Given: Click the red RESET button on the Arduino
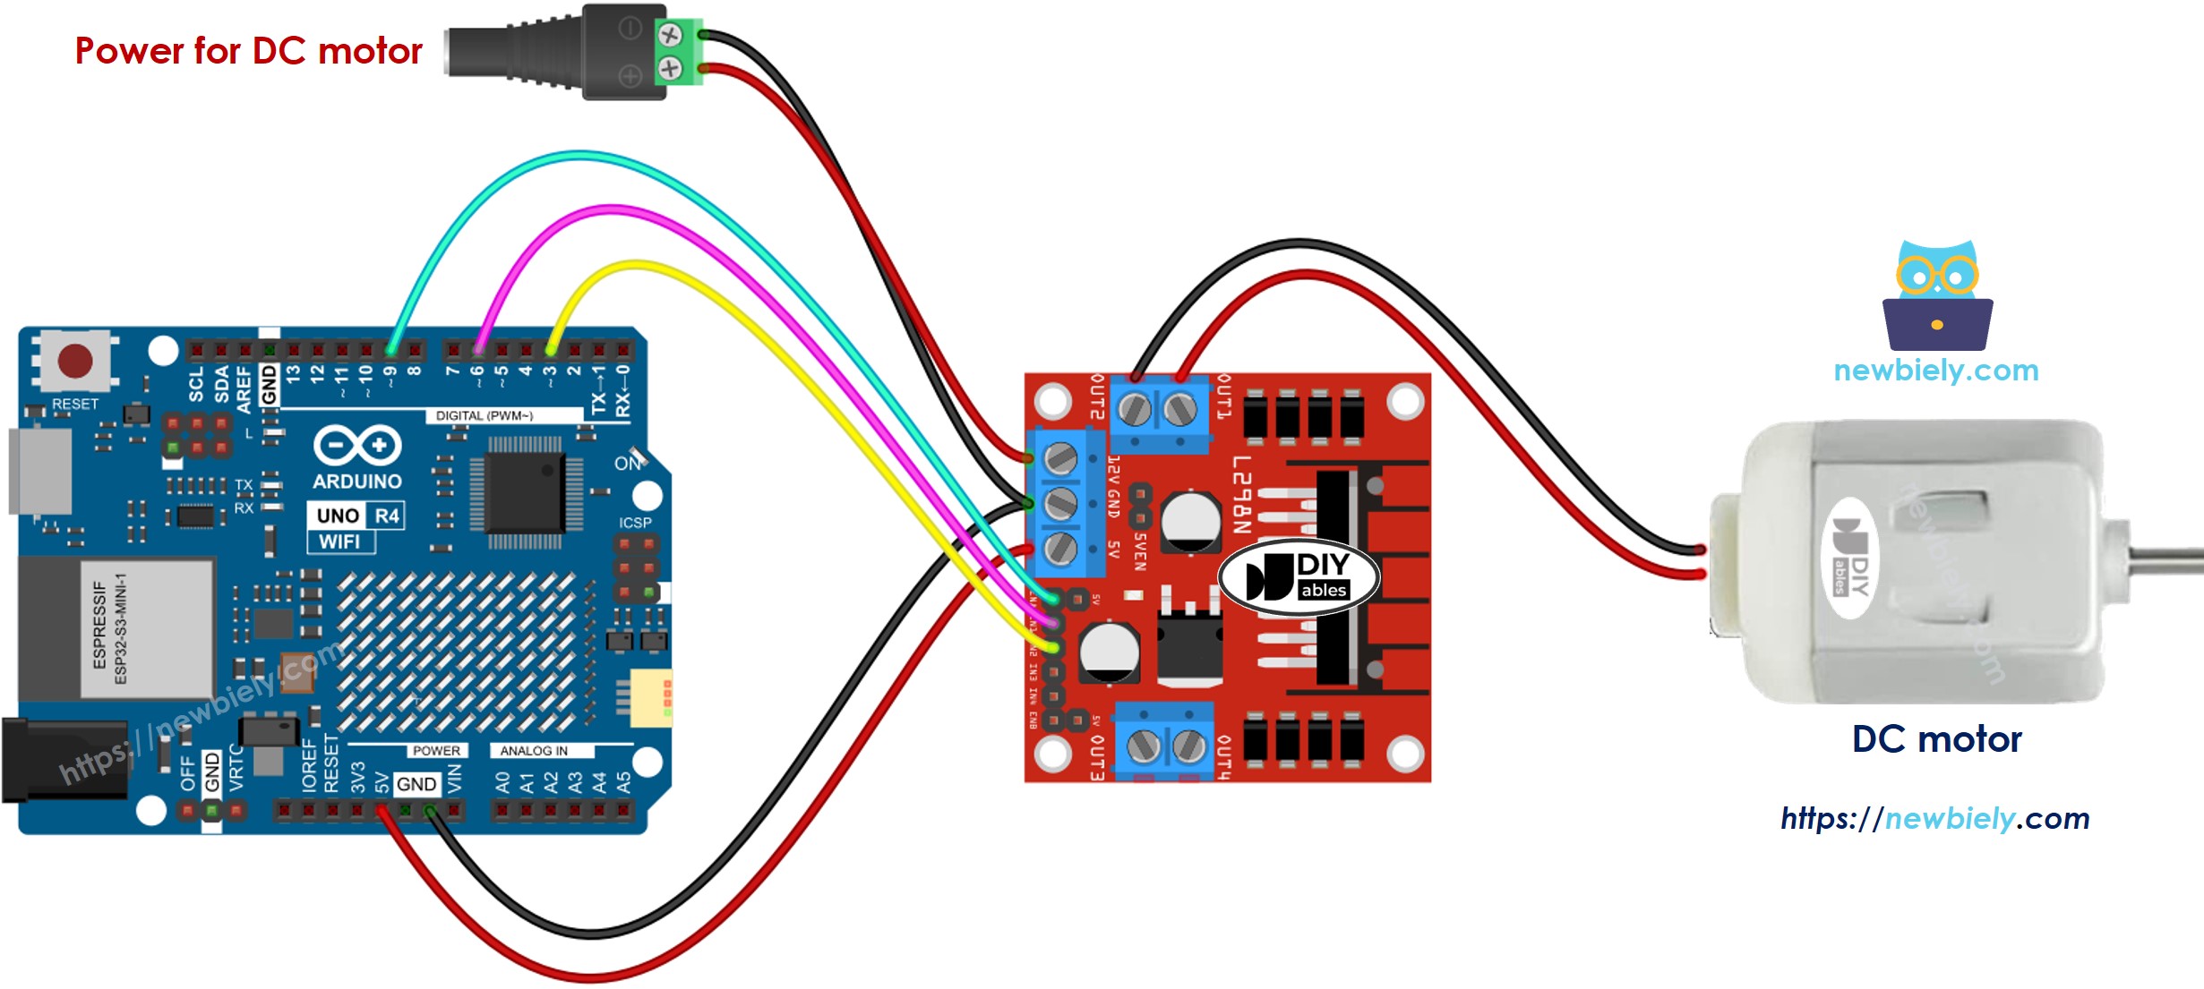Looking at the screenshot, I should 74,362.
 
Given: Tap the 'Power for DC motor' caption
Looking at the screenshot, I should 248,51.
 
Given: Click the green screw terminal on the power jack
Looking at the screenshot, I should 677,52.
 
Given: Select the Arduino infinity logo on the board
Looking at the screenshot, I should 357,445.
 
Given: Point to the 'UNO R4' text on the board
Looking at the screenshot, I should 356,516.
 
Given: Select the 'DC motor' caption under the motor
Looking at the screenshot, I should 1936,739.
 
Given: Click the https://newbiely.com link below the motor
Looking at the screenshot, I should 1934,818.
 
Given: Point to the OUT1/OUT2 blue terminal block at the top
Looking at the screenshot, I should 1158,412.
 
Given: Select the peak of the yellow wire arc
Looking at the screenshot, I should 637,264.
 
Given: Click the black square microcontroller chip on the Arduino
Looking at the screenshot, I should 524,491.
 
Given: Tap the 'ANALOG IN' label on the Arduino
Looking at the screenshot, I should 534,751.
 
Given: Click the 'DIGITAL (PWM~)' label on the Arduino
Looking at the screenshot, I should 485,415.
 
